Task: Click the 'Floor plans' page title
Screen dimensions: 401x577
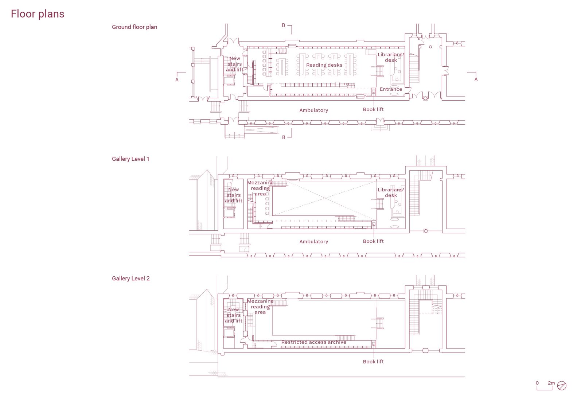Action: coord(38,14)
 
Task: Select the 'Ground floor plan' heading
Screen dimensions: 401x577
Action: coord(134,27)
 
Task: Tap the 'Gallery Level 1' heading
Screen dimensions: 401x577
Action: coord(130,159)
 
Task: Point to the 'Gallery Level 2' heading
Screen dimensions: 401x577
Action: coord(130,279)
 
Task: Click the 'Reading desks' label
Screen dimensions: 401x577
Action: coord(324,65)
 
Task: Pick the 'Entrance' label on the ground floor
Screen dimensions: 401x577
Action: coord(391,89)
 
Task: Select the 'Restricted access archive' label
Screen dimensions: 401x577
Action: coord(313,342)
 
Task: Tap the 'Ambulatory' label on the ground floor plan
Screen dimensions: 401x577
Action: coord(313,110)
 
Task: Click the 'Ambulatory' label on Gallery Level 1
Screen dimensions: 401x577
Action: coord(313,242)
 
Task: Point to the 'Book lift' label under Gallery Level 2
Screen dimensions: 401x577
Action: coord(373,362)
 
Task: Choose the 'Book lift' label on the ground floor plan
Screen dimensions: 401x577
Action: coord(373,109)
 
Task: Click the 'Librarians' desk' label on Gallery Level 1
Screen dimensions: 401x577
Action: coord(391,192)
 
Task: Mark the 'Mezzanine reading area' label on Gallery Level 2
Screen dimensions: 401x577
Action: coord(260,307)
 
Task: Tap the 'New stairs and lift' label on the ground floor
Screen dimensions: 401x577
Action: coord(234,64)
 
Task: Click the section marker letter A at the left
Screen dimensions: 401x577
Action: coord(177,79)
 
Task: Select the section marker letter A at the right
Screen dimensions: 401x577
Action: coord(476,79)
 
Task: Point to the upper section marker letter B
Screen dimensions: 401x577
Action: coord(284,26)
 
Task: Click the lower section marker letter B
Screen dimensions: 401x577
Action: coord(284,137)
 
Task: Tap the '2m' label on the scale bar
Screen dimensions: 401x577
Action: coord(551,383)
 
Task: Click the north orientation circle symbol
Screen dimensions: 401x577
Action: coord(562,386)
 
